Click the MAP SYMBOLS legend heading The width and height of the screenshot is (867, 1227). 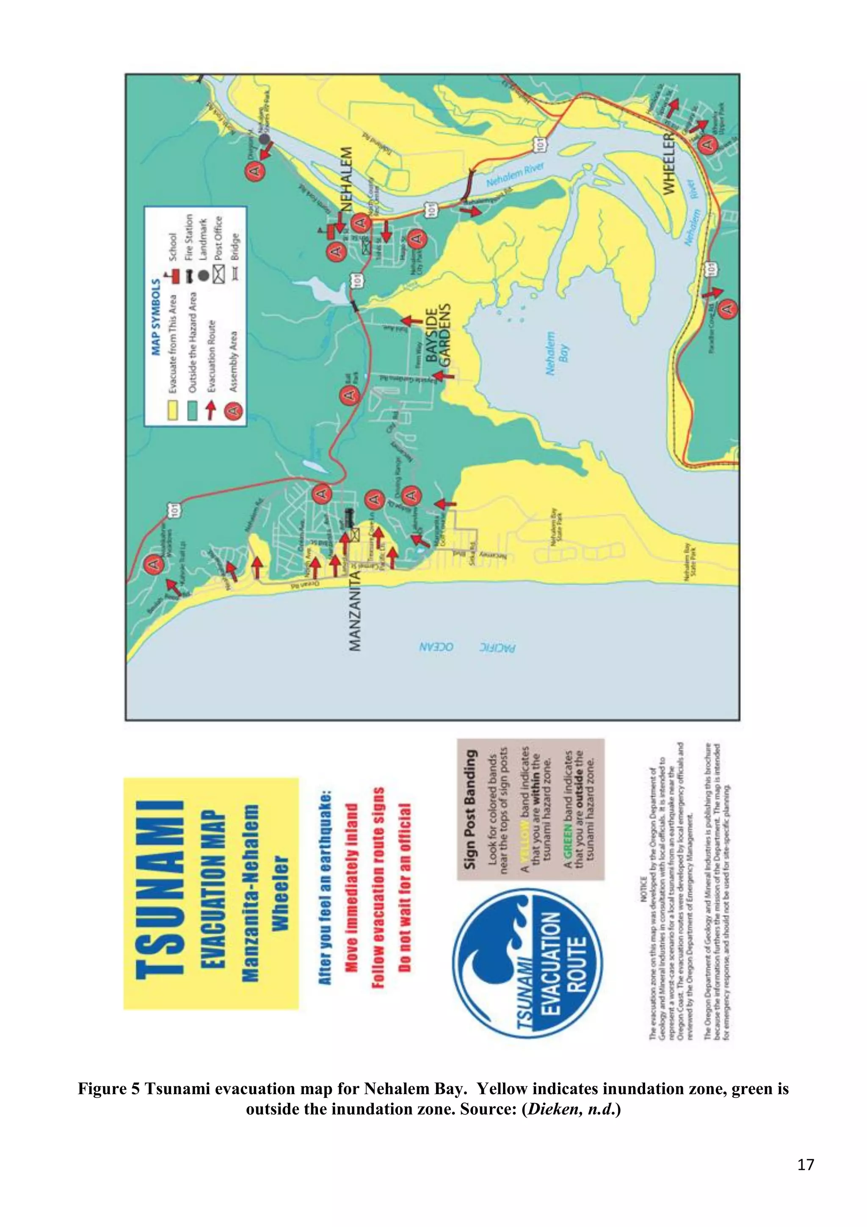point(156,316)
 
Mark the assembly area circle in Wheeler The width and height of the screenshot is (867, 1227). point(708,145)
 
